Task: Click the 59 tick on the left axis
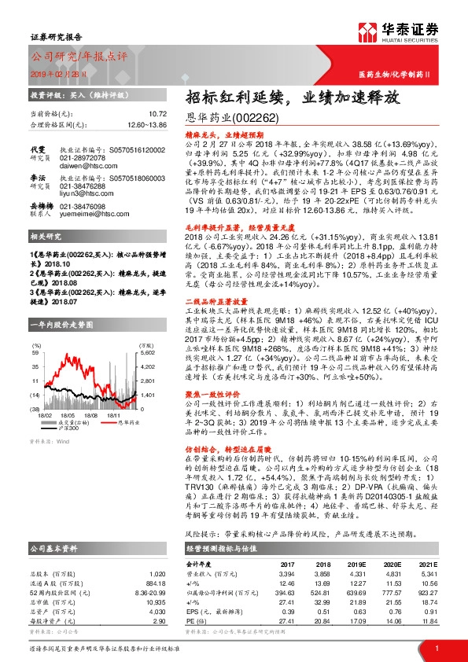point(35,333)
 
